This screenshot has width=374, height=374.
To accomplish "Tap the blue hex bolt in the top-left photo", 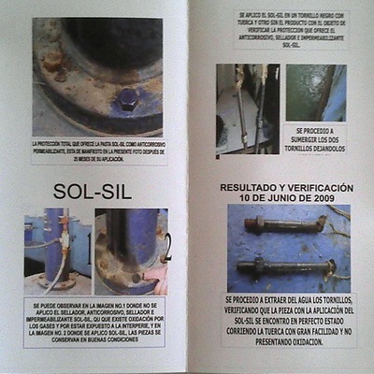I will tap(129, 99).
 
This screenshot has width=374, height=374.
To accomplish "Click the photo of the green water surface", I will tap(316, 93).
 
